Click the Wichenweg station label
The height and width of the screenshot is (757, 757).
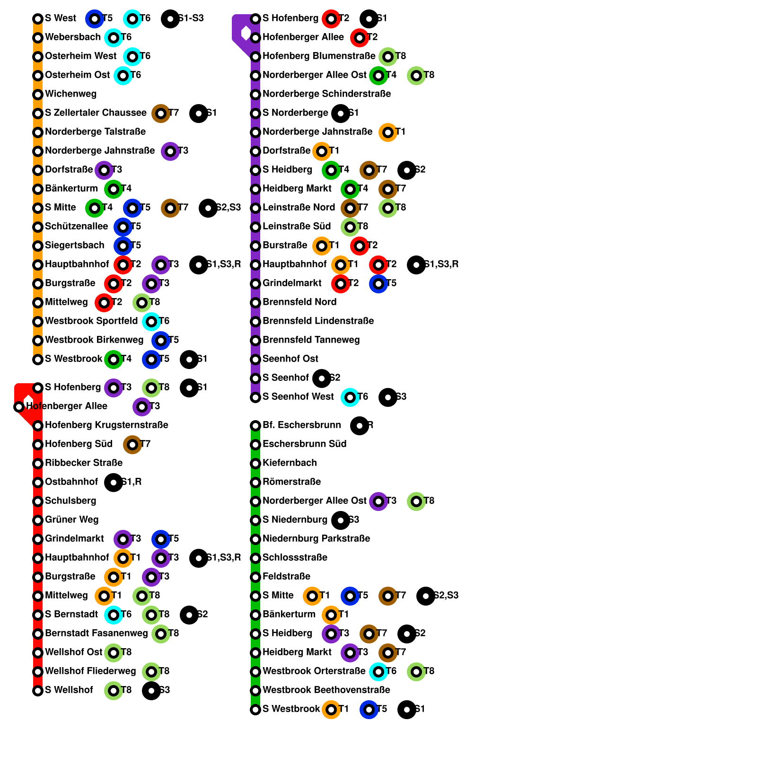pos(70,94)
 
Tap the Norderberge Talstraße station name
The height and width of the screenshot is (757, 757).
pos(95,132)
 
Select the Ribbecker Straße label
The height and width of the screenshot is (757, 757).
pos(83,463)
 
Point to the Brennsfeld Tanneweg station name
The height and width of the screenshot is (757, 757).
pos(311,340)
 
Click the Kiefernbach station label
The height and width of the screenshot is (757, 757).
pos(290,463)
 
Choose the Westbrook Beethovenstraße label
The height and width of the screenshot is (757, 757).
pos(326,690)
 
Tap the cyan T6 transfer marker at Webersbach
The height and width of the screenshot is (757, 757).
pos(114,38)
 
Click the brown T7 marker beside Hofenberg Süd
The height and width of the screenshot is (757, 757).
pos(132,445)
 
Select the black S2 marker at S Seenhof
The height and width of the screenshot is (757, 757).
pos(322,378)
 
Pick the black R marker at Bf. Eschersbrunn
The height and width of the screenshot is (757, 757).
pos(360,426)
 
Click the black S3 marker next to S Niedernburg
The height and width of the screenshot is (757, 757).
pos(341,520)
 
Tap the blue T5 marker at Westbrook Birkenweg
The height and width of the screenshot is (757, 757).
pos(161,341)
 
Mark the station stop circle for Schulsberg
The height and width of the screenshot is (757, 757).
pos(38,502)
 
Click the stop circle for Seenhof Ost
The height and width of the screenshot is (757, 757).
pos(255,360)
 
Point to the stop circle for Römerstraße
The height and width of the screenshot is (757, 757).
pos(255,483)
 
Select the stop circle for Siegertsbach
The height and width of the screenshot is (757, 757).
pos(38,246)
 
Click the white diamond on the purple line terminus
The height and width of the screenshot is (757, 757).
pos(246,33)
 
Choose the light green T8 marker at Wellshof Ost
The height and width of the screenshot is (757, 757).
pos(114,653)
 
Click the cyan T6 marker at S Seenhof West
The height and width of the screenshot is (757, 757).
pos(350,397)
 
